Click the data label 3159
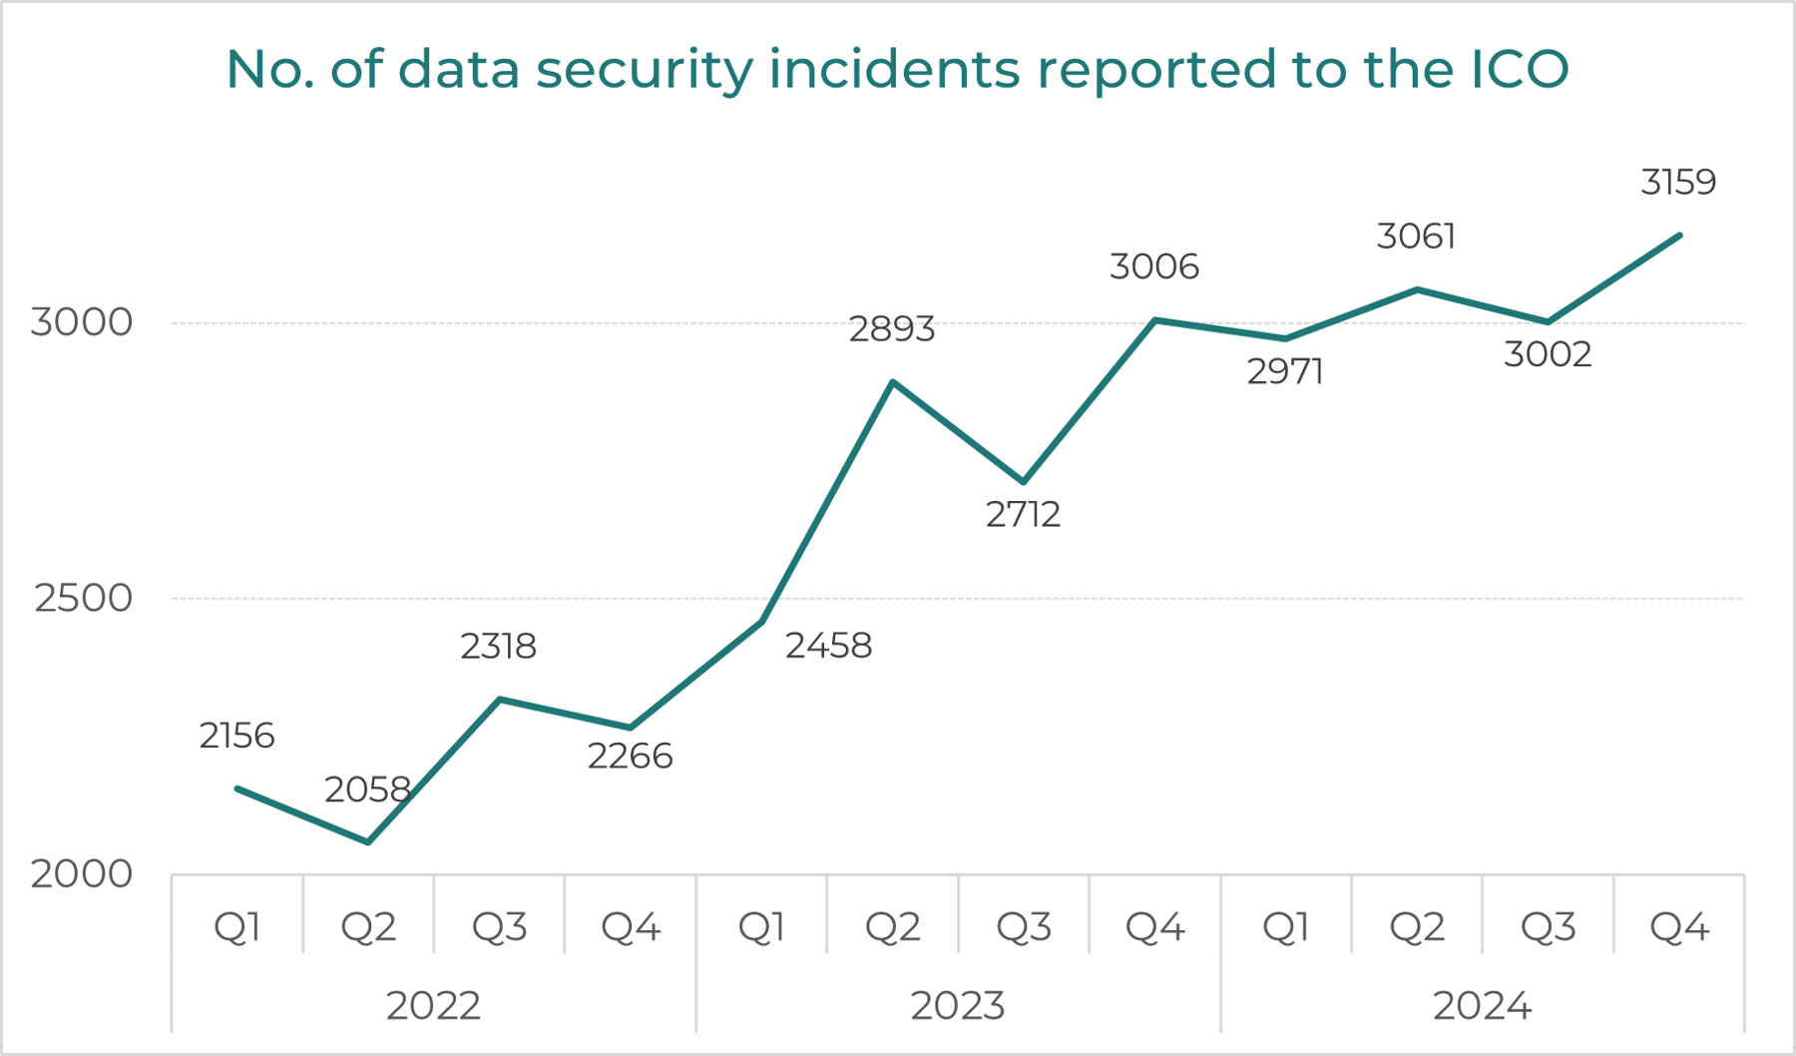[1678, 183]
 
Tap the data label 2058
[367, 791]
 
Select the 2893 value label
[892, 329]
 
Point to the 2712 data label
[1023, 515]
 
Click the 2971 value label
[1285, 372]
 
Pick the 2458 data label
[828, 647]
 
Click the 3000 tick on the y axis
[82, 322]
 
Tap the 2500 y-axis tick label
[83, 599]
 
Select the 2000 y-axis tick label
[82, 874]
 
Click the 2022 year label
[433, 1006]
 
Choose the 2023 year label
[958, 1006]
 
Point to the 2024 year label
[1482, 1006]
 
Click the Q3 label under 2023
[1024, 928]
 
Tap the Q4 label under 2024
[1679, 928]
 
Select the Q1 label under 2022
[237, 928]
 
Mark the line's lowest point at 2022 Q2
[369, 842]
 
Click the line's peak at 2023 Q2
[892, 382]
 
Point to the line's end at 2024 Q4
[1680, 236]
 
